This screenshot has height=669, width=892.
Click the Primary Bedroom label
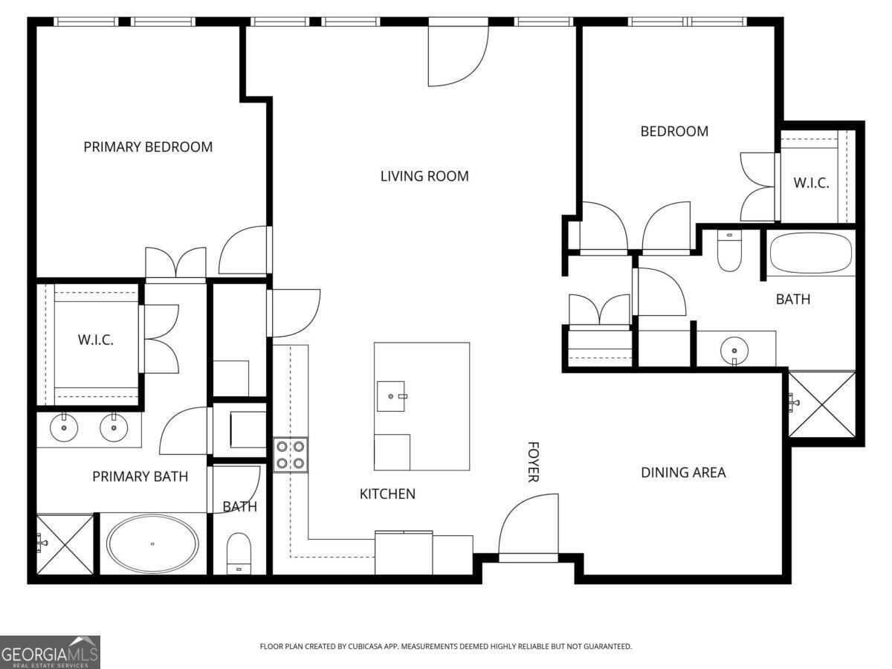pos(148,147)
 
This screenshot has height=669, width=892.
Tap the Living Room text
pos(424,176)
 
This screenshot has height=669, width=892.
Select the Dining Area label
pos(683,472)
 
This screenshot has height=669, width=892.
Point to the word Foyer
pos(533,462)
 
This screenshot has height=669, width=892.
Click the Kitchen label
pos(387,494)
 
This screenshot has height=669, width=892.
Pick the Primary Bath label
pos(140,476)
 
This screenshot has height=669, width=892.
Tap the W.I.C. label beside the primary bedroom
pos(96,340)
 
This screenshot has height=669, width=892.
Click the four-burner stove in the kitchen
pos(290,455)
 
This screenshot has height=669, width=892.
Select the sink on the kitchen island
pos(392,396)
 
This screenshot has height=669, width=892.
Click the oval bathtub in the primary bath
pos(152,544)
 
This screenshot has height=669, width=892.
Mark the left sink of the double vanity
pos(64,428)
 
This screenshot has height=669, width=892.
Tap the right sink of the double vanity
pos(114,428)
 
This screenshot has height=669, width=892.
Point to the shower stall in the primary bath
pos(65,544)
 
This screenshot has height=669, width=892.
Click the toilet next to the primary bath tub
pos(239,554)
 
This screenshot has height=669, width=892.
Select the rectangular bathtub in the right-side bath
pos(810,253)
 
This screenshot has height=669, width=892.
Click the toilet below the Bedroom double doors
pos(728,251)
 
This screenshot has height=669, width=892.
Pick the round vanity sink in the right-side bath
pos(734,349)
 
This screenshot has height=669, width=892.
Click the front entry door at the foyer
pos(528,531)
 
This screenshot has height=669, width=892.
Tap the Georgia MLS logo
pos(50,652)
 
